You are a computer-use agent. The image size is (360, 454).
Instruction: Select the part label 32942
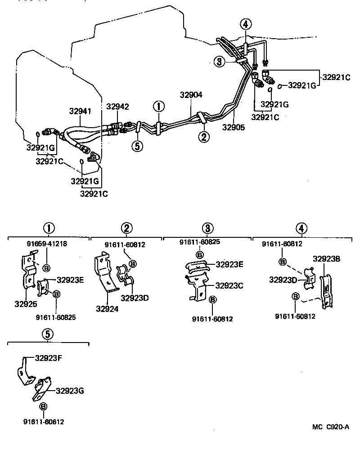pyautogui.click(x=117, y=107)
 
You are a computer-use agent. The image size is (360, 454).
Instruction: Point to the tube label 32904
pyautogui.click(x=191, y=95)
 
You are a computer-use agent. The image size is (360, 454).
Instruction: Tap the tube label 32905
pyautogui.click(x=233, y=127)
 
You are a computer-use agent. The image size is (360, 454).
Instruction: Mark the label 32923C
pyautogui.click(x=230, y=285)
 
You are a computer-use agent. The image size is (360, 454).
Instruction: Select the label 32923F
pyautogui.click(x=49, y=358)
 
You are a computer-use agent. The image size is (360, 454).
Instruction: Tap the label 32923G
pyautogui.click(x=70, y=391)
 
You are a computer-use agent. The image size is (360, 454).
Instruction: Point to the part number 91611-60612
pyautogui.click(x=44, y=422)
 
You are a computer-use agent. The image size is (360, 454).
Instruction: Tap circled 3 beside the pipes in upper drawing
pyautogui.click(x=219, y=62)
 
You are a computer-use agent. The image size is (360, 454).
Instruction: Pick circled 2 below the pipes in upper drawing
pyautogui.click(x=204, y=137)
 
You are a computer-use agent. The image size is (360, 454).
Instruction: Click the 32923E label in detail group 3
pyautogui.click(x=229, y=264)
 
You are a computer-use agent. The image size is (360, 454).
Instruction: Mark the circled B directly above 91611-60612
pyautogui.click(x=43, y=406)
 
